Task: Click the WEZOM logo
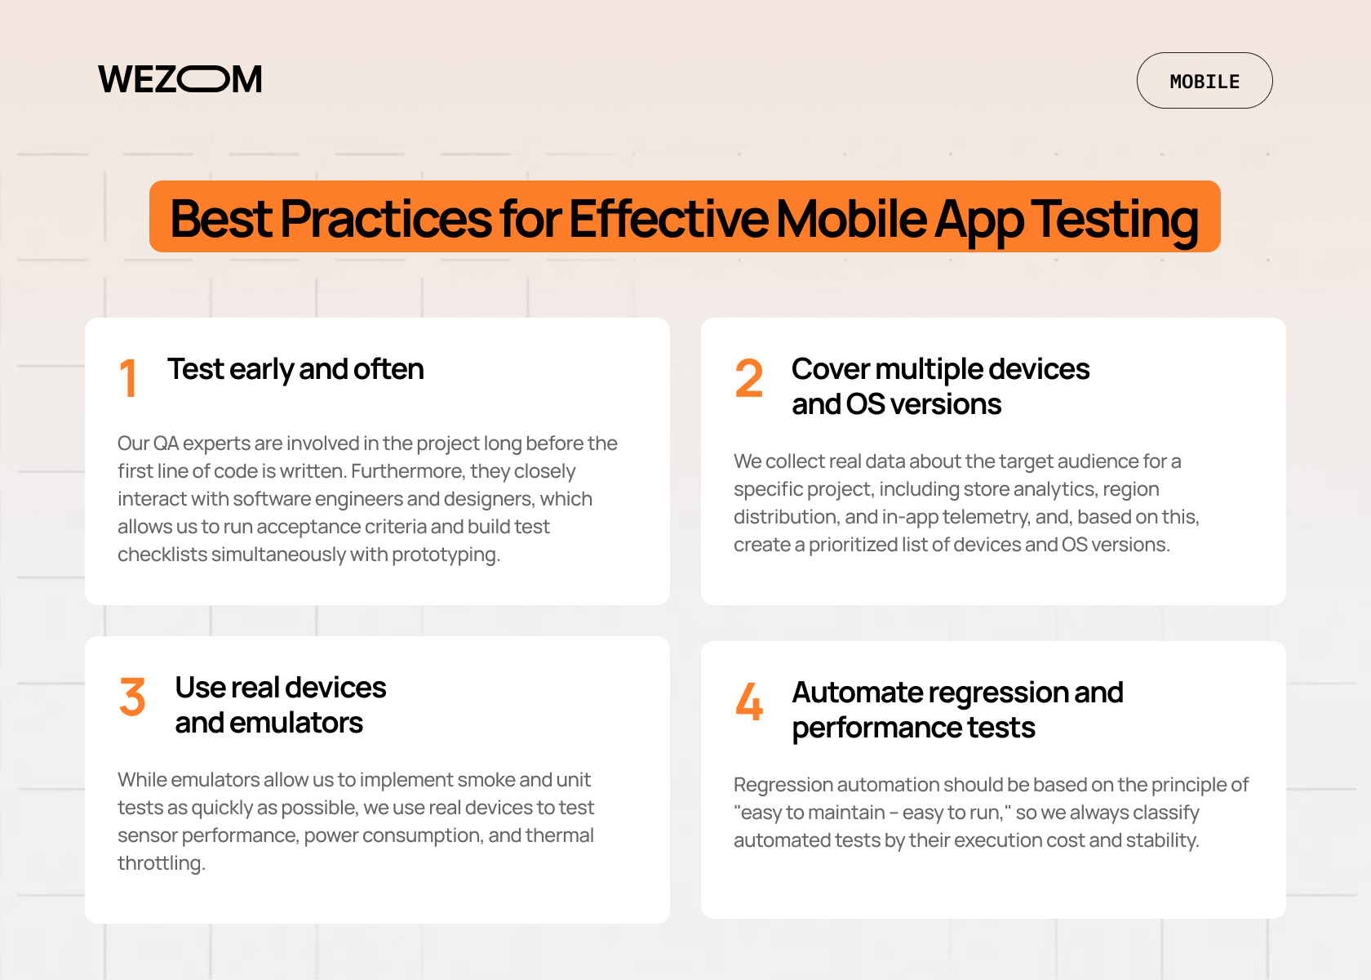[x=180, y=79]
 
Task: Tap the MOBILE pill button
[x=1204, y=81]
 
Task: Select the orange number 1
[x=128, y=378]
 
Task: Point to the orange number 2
[x=748, y=378]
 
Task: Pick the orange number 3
[x=132, y=697]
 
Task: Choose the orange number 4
[x=749, y=702]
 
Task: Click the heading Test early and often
[x=295, y=369]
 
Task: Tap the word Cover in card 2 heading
[x=830, y=369]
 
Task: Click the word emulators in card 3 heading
[x=295, y=723]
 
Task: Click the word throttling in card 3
[x=160, y=863]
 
